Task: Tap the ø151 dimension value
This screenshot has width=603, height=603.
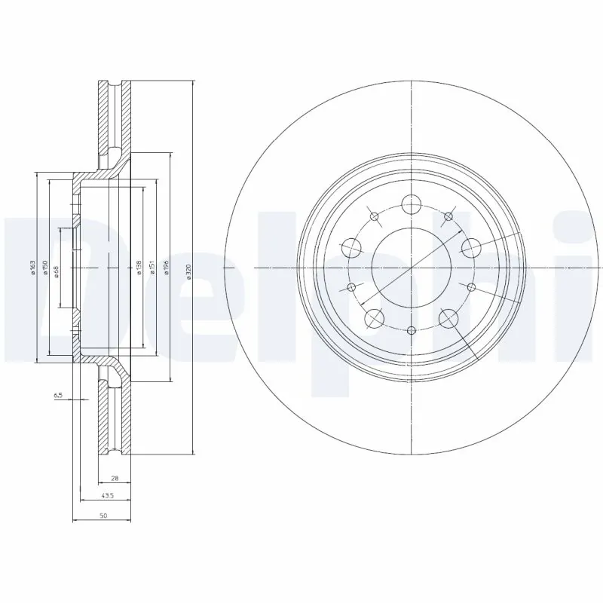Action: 152,268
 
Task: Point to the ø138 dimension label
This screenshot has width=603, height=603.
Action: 139,268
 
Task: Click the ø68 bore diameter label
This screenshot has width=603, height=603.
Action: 57,270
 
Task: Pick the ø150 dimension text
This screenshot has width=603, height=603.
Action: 45,268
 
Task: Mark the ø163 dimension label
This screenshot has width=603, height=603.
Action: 32,268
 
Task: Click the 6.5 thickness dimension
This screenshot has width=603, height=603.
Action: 57,395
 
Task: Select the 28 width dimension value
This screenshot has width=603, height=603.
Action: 115,479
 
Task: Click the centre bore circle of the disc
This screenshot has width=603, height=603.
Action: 411,268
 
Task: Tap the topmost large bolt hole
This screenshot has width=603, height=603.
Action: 411,204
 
